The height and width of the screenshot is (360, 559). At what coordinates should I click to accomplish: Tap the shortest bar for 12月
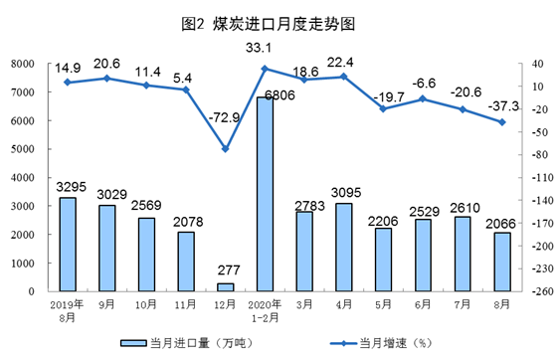pyautogui.click(x=226, y=286)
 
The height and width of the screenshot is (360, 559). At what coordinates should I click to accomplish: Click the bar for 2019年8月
pyautogui.click(x=68, y=244)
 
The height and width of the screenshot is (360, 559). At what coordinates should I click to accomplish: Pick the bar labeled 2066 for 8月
pyautogui.click(x=502, y=262)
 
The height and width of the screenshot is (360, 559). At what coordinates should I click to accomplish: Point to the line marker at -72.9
pyautogui.click(x=226, y=149)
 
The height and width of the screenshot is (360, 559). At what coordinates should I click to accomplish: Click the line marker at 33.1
pyautogui.click(x=265, y=69)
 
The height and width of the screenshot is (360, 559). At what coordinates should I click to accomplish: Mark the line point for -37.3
pyautogui.click(x=502, y=122)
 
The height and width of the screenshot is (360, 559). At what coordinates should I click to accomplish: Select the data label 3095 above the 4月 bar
pyautogui.click(x=344, y=191)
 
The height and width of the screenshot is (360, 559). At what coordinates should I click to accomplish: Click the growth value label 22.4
pyautogui.click(x=342, y=64)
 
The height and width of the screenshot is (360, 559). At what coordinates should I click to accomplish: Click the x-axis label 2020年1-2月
pyautogui.click(x=265, y=308)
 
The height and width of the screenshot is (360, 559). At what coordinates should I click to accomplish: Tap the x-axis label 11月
pyautogui.click(x=186, y=303)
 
